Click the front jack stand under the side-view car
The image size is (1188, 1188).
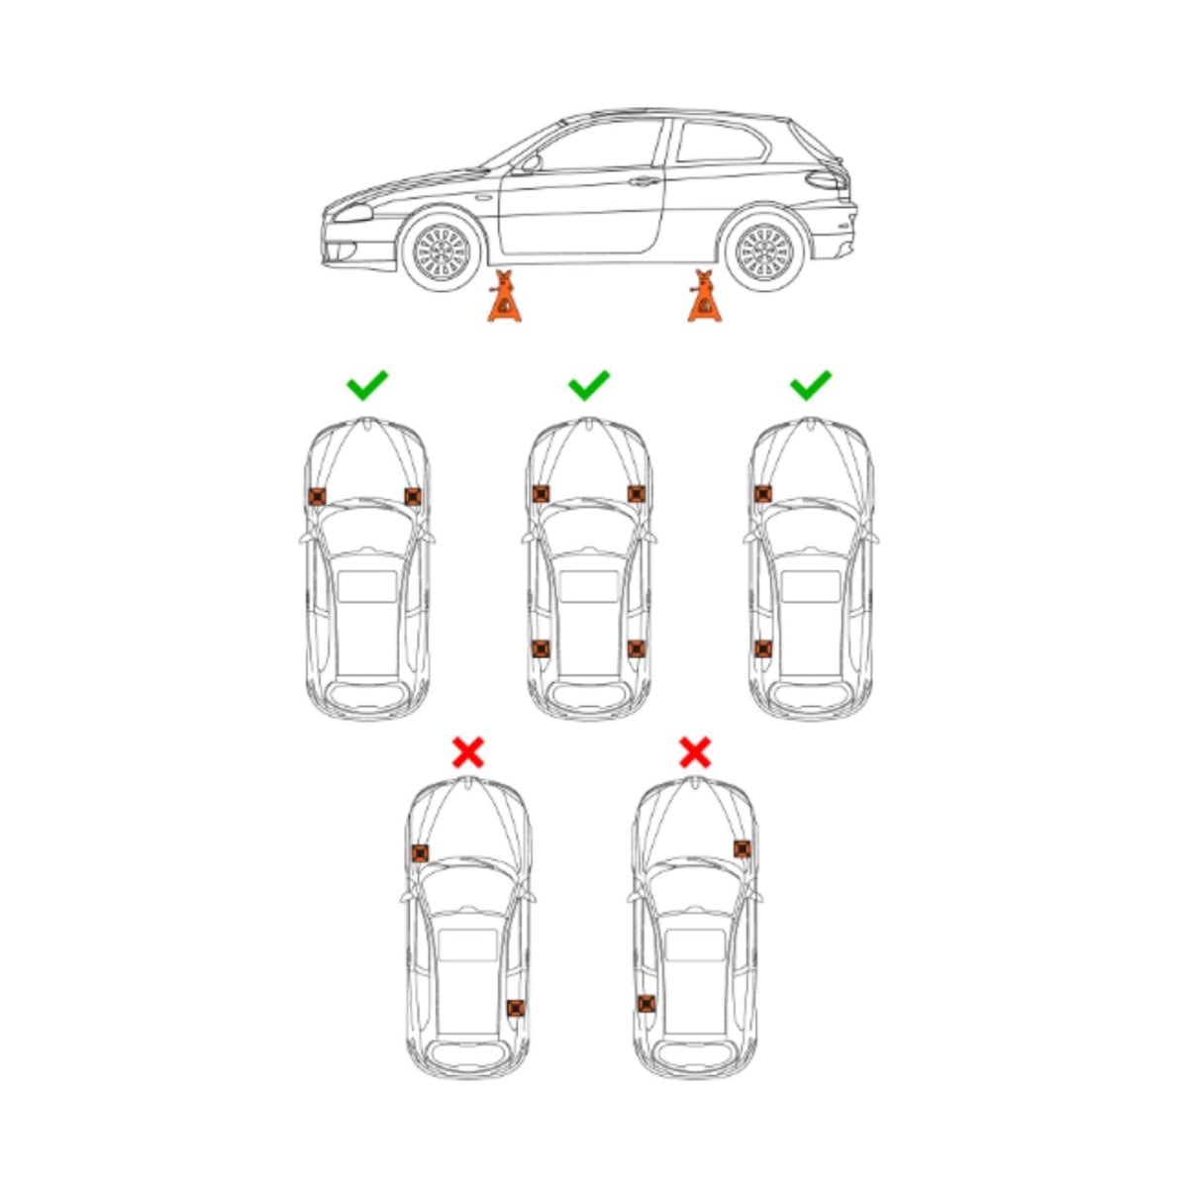[505, 298]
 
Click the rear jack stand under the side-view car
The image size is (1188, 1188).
[705, 298]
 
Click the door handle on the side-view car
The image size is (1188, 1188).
[643, 181]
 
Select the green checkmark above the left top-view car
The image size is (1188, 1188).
[367, 384]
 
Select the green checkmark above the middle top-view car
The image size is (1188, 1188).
[589, 384]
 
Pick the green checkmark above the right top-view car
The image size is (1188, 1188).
[811, 384]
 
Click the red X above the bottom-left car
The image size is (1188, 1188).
[467, 752]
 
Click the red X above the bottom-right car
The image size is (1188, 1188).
[695, 752]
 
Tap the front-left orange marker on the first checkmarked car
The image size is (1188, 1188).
[317, 497]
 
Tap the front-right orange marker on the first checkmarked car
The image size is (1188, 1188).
[413, 497]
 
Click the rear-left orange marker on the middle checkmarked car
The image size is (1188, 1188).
[541, 648]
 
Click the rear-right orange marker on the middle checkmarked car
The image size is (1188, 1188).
[636, 648]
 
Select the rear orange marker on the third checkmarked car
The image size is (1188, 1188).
[762, 648]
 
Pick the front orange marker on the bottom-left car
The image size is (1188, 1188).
[420, 852]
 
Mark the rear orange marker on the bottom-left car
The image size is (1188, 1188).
[515, 1008]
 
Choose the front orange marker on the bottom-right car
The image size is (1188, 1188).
[742, 848]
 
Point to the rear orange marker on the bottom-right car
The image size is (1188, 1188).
[646, 1004]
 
